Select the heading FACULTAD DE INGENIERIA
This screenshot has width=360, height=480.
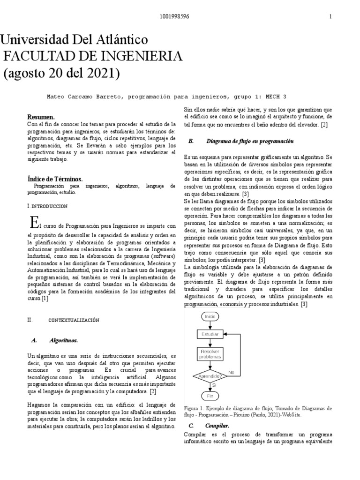point(93,56)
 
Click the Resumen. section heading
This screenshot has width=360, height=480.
point(41,116)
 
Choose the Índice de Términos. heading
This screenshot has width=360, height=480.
point(55,179)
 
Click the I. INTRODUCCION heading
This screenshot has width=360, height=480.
point(48,206)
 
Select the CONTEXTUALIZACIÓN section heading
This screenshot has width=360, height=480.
point(75,320)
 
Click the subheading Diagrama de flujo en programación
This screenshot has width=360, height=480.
point(250,141)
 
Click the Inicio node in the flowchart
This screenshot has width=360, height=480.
point(210,317)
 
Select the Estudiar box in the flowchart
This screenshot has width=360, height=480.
point(210,334)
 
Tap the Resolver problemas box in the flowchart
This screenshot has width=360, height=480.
point(210,354)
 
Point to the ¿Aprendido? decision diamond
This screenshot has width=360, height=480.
point(210,376)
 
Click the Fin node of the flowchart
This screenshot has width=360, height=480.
point(210,396)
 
